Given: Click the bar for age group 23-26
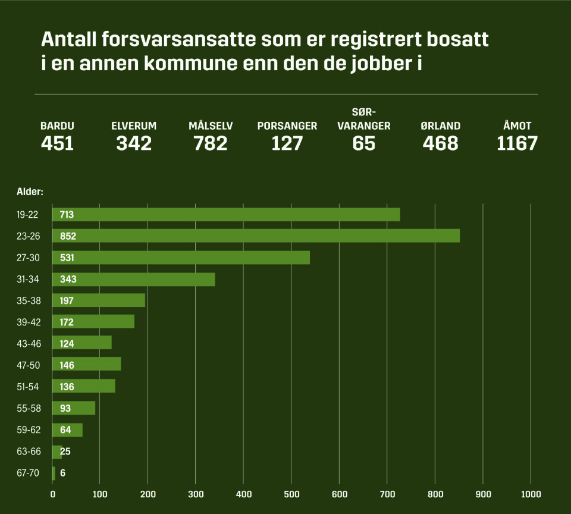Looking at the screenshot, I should pyautogui.click(x=256, y=236).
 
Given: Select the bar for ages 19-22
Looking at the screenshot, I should pyautogui.click(x=226, y=214).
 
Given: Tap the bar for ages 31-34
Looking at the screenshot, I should pyautogui.click(x=134, y=279).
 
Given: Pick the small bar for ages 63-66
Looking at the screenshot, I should pyautogui.click(x=57, y=452).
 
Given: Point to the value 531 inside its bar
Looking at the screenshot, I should pyautogui.click(x=67, y=258).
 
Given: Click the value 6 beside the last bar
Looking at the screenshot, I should pyautogui.click(x=62, y=474).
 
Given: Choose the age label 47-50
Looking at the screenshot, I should pyautogui.click(x=28, y=365).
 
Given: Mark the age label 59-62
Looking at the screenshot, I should pyautogui.click(x=28, y=430).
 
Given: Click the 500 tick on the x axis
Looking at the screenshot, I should pyautogui.click(x=291, y=494).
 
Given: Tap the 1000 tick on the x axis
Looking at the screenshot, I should pyautogui.click(x=531, y=494).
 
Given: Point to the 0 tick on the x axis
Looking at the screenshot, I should pyautogui.click(x=52, y=494).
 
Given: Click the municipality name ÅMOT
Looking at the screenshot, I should pyautogui.click(x=517, y=126).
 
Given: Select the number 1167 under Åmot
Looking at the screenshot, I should pyautogui.click(x=517, y=143).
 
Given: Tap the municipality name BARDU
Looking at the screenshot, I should pyautogui.click(x=57, y=126).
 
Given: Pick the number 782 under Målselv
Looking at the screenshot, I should pyautogui.click(x=211, y=143).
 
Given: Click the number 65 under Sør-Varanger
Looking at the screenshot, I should pyautogui.click(x=363, y=143).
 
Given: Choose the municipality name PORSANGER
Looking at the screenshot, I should pyautogui.click(x=287, y=126).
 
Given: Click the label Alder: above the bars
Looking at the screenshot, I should pyautogui.click(x=30, y=192).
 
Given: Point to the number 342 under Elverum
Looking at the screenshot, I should pyautogui.click(x=134, y=143).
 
